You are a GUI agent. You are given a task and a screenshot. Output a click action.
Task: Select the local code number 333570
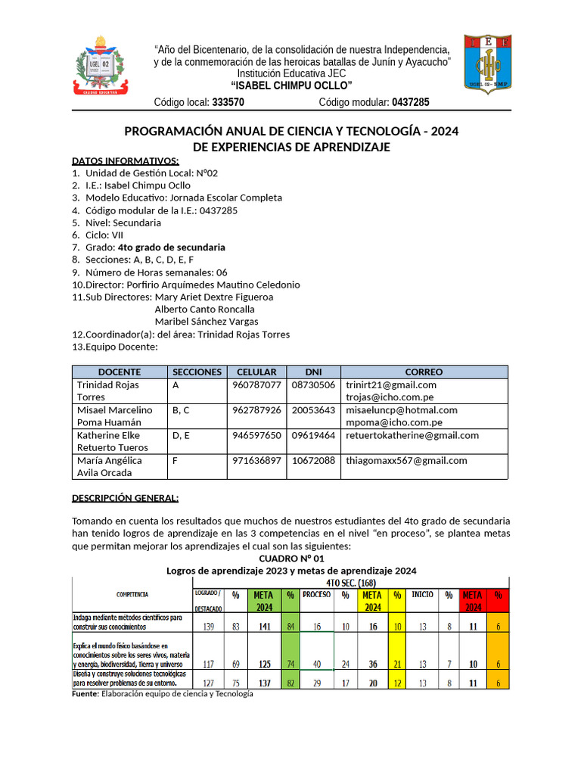tap(228, 102)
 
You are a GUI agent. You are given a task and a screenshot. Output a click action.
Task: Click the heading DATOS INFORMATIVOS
tap(125, 160)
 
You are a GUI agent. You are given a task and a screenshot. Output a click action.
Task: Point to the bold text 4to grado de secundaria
tap(171, 247)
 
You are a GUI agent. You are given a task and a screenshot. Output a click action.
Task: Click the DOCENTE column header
tap(120, 372)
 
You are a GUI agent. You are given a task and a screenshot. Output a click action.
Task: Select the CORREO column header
tap(424, 372)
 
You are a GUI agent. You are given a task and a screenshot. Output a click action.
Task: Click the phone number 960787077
tap(258, 384)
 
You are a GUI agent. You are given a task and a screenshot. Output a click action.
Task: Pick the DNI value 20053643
tap(313, 409)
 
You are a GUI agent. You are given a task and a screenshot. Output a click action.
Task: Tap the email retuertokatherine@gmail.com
tap(412, 435)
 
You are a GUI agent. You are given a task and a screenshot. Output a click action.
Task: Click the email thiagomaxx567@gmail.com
tap(406, 460)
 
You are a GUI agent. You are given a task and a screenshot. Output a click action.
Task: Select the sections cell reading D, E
tap(182, 435)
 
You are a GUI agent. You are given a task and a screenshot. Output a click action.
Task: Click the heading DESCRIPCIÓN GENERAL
tap(125, 498)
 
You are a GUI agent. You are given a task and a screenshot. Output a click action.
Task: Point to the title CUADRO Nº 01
tap(291, 558)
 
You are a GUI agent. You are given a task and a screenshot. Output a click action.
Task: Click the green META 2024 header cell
tap(264, 601)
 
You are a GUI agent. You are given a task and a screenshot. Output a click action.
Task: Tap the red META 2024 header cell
tap(472, 601)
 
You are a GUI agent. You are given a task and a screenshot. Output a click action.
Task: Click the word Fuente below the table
tap(85, 694)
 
